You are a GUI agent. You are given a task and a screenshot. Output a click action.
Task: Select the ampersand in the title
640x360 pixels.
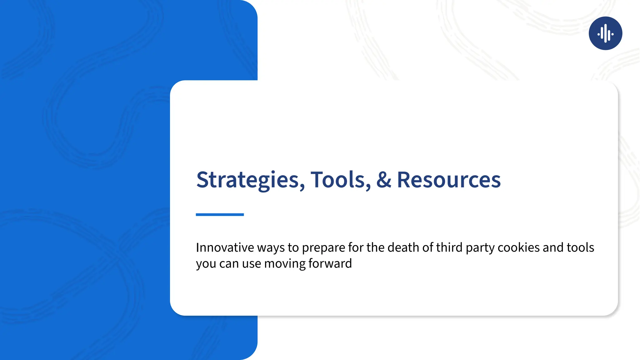point(384,180)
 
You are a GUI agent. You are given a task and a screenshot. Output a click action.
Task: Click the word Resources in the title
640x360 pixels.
point(449,180)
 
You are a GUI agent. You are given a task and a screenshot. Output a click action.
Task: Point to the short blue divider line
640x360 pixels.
point(220,215)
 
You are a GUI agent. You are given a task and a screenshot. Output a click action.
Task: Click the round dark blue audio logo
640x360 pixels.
point(605,33)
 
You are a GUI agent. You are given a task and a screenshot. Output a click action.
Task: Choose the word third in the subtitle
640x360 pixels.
point(449,247)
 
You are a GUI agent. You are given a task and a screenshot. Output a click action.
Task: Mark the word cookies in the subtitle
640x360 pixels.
point(518,247)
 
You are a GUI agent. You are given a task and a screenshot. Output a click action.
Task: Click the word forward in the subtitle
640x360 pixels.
point(330,263)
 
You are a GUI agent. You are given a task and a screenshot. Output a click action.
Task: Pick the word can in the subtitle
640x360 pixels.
point(229,264)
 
